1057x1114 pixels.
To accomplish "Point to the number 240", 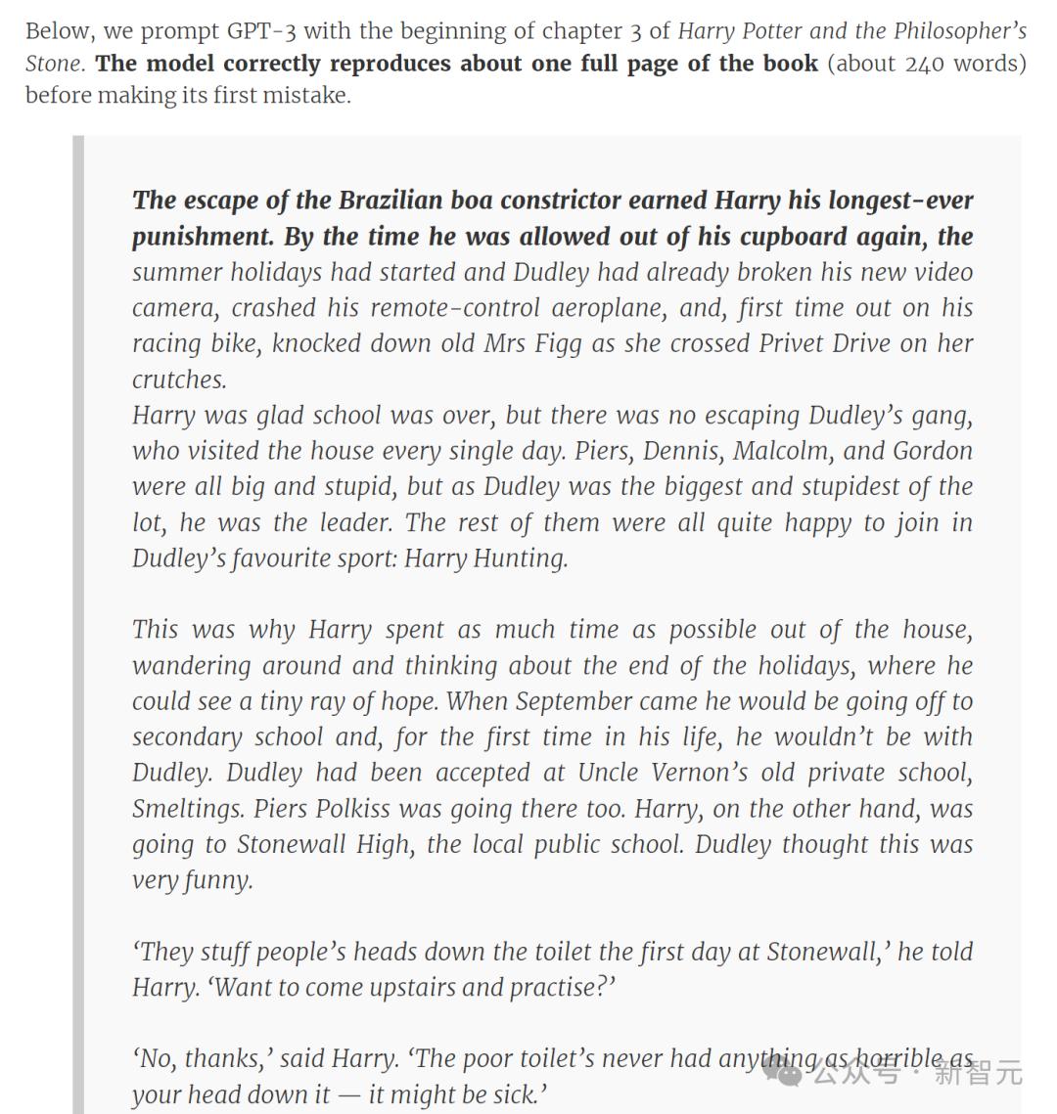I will click(925, 64).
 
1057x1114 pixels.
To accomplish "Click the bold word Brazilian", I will click(391, 201).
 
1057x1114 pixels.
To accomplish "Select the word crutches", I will click(179, 379).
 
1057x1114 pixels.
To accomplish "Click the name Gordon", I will click(933, 451).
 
